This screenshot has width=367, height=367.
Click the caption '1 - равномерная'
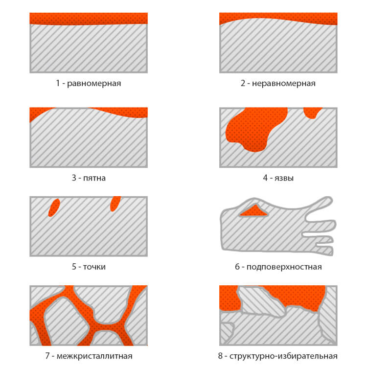click(89, 83)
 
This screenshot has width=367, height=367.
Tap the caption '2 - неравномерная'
click(278, 83)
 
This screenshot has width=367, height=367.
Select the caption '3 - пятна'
click(89, 178)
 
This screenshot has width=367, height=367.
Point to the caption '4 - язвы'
click(278, 178)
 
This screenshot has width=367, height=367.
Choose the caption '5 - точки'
click(89, 267)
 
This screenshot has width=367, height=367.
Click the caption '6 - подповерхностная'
click(278, 267)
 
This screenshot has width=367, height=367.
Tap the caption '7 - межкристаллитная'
click(89, 356)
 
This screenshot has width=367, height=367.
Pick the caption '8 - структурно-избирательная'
click(278, 356)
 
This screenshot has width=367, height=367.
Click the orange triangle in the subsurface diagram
click(254, 211)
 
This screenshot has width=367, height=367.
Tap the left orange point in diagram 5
click(54, 207)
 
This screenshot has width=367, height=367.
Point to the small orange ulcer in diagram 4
click(312, 113)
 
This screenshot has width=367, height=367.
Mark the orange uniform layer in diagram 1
click(89, 19)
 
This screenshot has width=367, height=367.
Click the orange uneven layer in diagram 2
click(278, 18)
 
